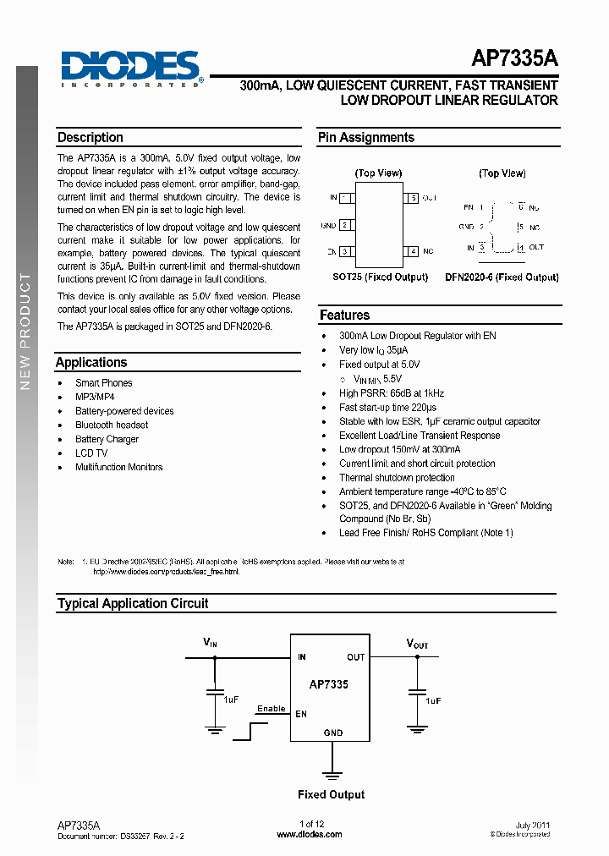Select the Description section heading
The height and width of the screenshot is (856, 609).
coord(91,138)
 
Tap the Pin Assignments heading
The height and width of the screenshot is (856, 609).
coord(366,138)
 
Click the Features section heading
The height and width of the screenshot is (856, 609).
coord(344,316)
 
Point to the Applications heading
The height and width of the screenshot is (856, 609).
coord(91,363)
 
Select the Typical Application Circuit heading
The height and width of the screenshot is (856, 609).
coord(133,604)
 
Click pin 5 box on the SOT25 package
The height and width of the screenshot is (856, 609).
coord(411,198)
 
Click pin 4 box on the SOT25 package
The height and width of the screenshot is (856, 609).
coord(411,251)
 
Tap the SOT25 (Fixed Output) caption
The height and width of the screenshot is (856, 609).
coord(380,277)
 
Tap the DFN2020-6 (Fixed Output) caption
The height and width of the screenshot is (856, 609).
coord(502,277)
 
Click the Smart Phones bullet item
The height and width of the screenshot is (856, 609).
coord(104,383)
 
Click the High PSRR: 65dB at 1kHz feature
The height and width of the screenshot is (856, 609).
coord(392,393)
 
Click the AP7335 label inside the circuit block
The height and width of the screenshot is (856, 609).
coord(328,684)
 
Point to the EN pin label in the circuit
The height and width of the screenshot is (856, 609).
coord(301,714)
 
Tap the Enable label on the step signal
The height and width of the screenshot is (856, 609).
coord(271,709)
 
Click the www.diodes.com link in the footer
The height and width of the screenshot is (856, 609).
coord(310,835)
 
